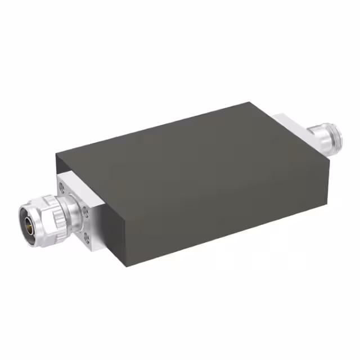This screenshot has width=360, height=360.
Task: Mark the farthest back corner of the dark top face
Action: [x=249, y=102]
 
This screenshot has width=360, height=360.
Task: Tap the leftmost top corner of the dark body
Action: [x=56, y=154]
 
